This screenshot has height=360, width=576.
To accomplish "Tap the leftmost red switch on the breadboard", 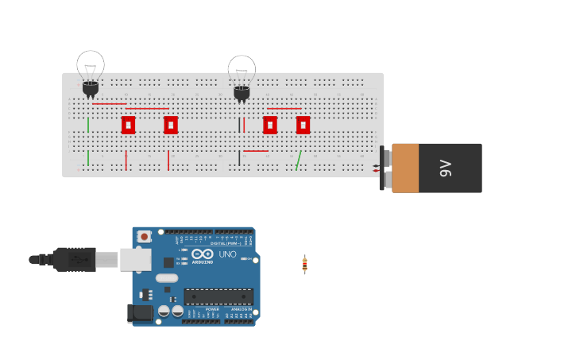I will coord(128,125).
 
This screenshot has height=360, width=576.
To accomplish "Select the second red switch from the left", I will coord(171,125).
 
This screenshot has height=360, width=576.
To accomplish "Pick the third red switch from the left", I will coord(270,125).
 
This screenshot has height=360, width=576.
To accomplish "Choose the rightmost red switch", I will coord(303,125).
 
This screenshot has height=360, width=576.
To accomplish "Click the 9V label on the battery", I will coord(446,168).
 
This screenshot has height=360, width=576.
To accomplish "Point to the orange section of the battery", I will coord(405,168).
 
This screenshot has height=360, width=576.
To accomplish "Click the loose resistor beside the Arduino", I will coord(304,265).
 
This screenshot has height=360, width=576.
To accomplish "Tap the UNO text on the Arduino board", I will coord(227,254).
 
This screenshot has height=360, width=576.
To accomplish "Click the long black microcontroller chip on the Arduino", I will coord(218,296).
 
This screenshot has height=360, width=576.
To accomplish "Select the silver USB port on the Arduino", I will coord(135,259).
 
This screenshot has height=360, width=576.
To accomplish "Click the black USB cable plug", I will coord(75,259).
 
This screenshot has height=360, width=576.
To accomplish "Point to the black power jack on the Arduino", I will coord(141,312).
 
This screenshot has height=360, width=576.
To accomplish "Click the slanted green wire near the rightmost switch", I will coord(298,161).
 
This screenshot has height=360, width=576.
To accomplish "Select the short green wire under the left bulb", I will coord(88,125).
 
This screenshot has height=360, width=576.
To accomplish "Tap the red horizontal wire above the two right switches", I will coord(284,109).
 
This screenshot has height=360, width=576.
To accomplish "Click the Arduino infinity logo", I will coord(202,254).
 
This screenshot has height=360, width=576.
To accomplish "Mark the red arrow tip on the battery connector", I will coord(376,171).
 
